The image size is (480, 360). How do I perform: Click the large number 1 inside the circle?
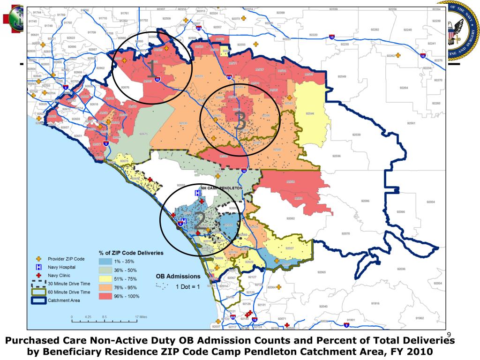pos(152,70)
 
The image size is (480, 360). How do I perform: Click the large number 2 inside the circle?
pos(199,220)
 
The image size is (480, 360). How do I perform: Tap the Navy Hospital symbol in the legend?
pos(39,267)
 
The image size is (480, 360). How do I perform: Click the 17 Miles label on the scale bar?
pos(141,317)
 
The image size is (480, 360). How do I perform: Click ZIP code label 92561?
pos(412,123)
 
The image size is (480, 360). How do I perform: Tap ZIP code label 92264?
pos(404,88)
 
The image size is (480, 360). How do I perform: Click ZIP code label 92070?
pos(345,233)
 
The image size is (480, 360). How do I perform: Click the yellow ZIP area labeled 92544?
pos(310,114)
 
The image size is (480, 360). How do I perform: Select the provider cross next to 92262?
pos(398,55)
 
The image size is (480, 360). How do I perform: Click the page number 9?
pos(449,334)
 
